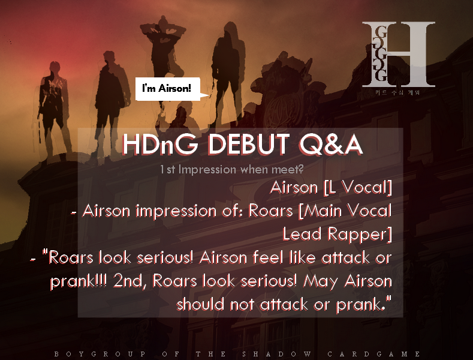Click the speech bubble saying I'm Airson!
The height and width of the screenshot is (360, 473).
166,89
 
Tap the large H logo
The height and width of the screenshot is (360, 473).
398,54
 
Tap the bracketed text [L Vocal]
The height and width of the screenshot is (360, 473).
357,188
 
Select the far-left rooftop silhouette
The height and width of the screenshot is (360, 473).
53,96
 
